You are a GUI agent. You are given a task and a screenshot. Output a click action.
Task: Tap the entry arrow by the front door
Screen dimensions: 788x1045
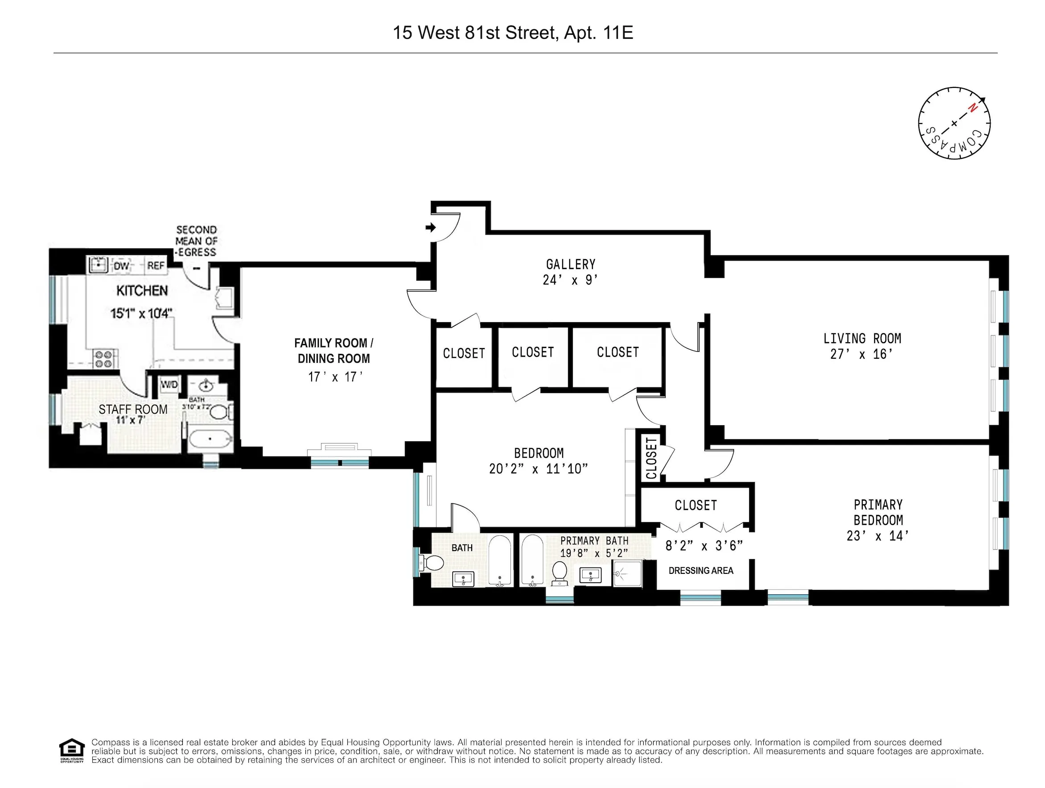tap(430, 228)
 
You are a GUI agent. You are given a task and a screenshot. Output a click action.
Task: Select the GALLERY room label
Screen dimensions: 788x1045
tap(570, 264)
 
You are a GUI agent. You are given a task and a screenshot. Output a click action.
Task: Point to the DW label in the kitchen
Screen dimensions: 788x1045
tap(121, 265)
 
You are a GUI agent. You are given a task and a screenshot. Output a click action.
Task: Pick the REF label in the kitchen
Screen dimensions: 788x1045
tap(156, 265)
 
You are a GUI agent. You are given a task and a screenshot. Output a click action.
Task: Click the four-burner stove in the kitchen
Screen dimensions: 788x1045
tap(103, 359)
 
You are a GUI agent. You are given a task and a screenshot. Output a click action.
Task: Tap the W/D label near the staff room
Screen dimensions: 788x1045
tap(169, 384)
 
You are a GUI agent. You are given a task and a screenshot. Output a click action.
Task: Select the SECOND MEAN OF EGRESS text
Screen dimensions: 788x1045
tap(196, 241)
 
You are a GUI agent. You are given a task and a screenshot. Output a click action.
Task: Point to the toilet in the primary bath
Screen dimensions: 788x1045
tap(560, 572)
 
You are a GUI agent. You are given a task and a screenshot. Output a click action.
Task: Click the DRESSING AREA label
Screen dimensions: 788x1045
tap(700, 571)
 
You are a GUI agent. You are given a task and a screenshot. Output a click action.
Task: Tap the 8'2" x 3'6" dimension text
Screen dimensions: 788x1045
tap(704, 546)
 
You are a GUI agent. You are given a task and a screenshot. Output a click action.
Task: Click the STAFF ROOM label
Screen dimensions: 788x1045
tap(133, 409)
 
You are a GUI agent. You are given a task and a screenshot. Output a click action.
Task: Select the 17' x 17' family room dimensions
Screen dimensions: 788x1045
tap(335, 377)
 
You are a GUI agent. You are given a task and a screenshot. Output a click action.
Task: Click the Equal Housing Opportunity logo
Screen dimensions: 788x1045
tap(71, 750)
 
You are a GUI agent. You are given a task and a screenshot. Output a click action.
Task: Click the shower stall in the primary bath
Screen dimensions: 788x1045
tap(627, 573)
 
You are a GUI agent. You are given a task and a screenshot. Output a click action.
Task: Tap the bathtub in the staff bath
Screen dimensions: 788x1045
tap(211, 440)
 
